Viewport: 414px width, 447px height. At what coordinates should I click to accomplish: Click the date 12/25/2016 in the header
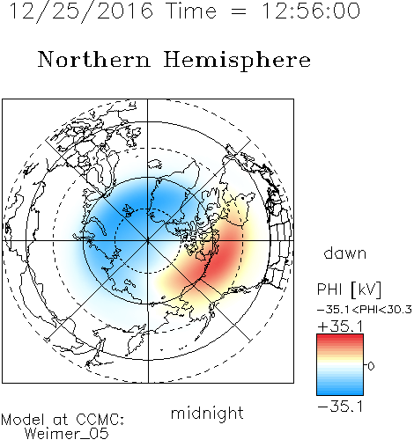pos(81,11)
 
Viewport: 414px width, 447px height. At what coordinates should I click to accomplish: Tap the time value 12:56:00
pos(311,11)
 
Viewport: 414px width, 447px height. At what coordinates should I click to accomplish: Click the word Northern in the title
pos(94,59)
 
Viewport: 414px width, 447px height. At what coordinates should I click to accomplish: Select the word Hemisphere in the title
pos(237,61)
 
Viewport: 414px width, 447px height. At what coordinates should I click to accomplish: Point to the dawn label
pos(345,253)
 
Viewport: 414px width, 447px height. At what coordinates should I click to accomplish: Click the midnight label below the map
pos(207,413)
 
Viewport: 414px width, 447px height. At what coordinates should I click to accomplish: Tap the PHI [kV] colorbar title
pos(349,289)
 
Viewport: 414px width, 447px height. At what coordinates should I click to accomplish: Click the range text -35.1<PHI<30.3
pos(365,310)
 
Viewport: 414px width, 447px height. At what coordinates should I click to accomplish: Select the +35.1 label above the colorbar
pos(340,326)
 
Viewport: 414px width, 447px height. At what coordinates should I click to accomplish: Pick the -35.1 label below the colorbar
pos(340,407)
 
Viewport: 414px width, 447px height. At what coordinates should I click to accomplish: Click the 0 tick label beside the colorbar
pos(371,366)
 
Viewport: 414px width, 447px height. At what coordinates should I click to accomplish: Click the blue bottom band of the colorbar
pos(340,391)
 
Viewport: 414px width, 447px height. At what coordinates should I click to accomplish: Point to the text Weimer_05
pos(67,434)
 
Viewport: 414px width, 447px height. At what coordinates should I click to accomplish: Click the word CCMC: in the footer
pos(100,420)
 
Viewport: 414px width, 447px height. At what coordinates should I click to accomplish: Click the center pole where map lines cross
pos(147,241)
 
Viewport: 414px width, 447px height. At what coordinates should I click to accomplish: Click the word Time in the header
pos(191,11)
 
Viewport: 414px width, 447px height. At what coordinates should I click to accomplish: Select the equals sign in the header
pos(239,12)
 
